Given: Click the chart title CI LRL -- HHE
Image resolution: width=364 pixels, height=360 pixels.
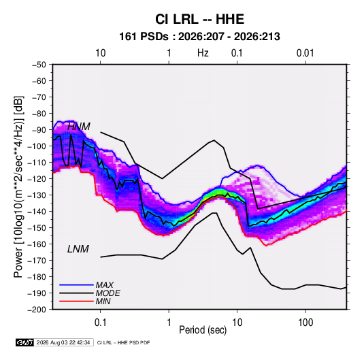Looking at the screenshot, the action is pyautogui.click(x=199, y=19).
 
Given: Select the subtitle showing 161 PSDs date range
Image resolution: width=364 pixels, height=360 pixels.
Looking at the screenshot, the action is pyautogui.click(x=199, y=37).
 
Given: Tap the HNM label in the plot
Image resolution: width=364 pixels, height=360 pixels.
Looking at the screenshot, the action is pyautogui.click(x=79, y=127).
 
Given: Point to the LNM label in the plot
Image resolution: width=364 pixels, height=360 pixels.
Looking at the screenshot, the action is pyautogui.click(x=78, y=249).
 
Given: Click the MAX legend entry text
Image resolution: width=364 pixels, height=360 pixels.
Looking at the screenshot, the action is pyautogui.click(x=105, y=285).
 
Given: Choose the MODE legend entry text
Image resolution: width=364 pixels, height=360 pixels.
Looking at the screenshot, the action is pyautogui.click(x=107, y=293).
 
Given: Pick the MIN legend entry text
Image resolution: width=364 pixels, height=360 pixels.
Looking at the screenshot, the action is pyautogui.click(x=103, y=301).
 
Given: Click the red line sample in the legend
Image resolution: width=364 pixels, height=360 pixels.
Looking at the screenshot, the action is pyautogui.click(x=76, y=301).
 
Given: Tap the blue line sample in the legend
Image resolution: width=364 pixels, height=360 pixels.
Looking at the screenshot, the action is pyautogui.click(x=76, y=284).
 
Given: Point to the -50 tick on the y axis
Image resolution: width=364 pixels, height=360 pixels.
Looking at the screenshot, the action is pyautogui.click(x=39, y=65).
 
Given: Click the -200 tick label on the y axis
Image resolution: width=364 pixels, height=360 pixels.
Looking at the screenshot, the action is pyautogui.click(x=37, y=310).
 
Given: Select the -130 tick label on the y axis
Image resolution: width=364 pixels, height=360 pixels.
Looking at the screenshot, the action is pyautogui.click(x=37, y=195).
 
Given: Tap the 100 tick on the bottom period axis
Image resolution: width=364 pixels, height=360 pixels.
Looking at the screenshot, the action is pyautogui.click(x=305, y=323).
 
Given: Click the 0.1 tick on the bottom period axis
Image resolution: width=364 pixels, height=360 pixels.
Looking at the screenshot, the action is pyautogui.click(x=100, y=323).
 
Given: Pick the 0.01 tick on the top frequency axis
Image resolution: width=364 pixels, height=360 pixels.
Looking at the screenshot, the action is pyautogui.click(x=305, y=53).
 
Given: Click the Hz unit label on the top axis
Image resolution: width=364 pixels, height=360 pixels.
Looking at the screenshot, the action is pyautogui.click(x=203, y=53).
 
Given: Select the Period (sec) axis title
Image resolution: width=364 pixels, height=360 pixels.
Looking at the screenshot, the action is pyautogui.click(x=203, y=330).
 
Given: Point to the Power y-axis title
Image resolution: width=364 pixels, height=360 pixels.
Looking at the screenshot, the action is pyautogui.click(x=18, y=187).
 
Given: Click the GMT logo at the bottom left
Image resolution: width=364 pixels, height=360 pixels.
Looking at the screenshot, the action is pyautogui.click(x=24, y=342).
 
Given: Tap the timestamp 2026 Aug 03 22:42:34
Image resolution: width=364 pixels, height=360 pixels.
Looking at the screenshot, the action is pyautogui.click(x=63, y=342).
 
